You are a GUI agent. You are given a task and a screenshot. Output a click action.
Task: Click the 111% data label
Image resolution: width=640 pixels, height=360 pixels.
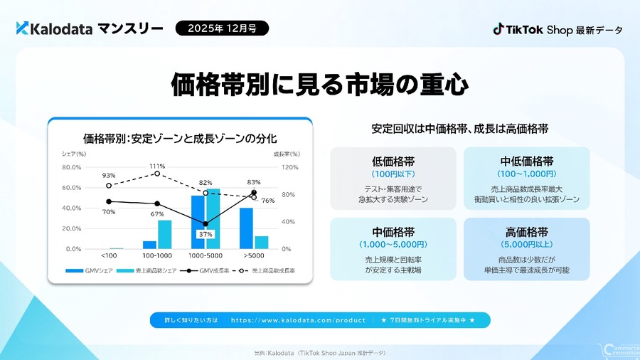click(158, 166)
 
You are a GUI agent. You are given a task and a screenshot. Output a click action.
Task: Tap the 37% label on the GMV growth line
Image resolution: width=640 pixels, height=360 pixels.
click(206, 234)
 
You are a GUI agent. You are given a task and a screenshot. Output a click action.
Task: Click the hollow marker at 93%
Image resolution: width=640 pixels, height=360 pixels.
click(109, 186)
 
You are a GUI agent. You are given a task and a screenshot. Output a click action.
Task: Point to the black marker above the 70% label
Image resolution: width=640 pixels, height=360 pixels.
click(109, 201)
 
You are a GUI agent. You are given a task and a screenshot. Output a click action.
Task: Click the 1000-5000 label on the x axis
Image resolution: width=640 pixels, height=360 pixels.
click(205, 255)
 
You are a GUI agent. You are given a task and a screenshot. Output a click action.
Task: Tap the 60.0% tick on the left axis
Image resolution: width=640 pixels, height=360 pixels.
click(72, 188)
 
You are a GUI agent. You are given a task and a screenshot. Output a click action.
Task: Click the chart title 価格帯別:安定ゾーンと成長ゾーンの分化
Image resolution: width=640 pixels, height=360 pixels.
click(179, 137)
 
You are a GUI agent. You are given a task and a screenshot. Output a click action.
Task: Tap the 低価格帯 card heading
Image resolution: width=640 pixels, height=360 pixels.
click(393, 161)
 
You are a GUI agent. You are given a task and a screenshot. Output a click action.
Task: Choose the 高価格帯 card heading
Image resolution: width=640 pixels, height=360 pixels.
click(526, 231)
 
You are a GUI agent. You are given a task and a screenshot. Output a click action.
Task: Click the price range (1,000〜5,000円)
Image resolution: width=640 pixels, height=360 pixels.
click(393, 244)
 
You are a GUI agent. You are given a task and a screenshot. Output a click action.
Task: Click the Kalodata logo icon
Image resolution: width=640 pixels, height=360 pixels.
click(22, 28)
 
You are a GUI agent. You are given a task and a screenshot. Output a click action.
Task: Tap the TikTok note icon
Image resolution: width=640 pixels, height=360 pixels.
click(499, 29)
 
